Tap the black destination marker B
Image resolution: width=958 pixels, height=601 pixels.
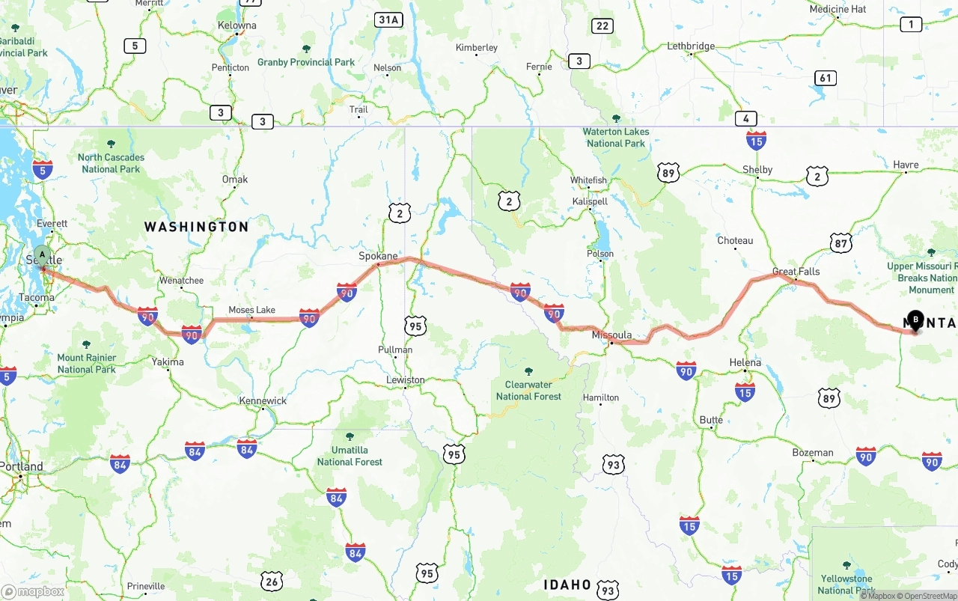click(x=915, y=320)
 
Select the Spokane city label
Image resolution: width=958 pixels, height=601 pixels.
click(x=378, y=256)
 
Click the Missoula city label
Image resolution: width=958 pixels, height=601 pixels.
click(x=611, y=335)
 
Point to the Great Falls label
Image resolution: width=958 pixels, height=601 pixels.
click(x=796, y=272)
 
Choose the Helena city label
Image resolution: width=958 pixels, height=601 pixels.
click(x=745, y=362)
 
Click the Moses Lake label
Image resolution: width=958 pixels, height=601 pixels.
click(x=251, y=310)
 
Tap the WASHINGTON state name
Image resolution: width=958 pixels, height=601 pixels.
click(x=196, y=227)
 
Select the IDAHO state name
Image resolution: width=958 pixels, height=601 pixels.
click(x=567, y=585)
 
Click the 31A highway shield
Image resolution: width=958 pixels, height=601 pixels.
click(x=388, y=19)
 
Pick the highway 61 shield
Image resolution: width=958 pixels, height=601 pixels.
click(x=825, y=78)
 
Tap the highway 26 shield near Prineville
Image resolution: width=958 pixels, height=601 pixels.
click(x=272, y=581)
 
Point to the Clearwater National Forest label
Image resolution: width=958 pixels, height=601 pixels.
click(x=528, y=391)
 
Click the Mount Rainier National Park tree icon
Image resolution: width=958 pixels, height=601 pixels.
click(x=86, y=344)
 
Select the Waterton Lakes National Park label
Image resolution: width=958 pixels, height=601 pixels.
click(x=616, y=137)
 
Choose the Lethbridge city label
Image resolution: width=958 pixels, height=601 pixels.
click(x=691, y=46)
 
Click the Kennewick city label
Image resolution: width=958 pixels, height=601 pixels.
click(x=263, y=400)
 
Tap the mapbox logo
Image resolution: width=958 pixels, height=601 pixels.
click(x=33, y=591)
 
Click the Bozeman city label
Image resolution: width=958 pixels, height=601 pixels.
click(x=812, y=453)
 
